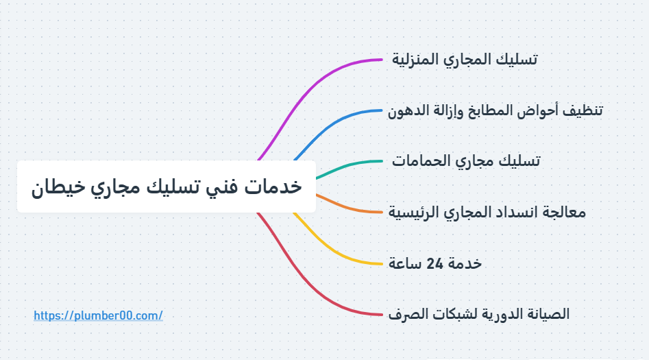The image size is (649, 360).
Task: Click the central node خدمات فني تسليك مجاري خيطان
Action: coord(166,187)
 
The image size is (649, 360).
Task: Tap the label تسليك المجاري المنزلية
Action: coord(465,60)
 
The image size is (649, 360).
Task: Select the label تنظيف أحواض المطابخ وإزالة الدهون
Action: coord(495,110)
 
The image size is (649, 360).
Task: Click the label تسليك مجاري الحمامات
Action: coord(466,161)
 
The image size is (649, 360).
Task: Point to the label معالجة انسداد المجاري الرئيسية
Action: coord(487,212)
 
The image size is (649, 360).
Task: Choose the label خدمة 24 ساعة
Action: coord(435,263)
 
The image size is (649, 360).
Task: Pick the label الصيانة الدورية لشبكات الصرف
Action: coord(478,314)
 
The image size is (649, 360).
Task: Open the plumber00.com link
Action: coord(98,315)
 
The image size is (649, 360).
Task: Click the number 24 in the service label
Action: coord(434,263)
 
